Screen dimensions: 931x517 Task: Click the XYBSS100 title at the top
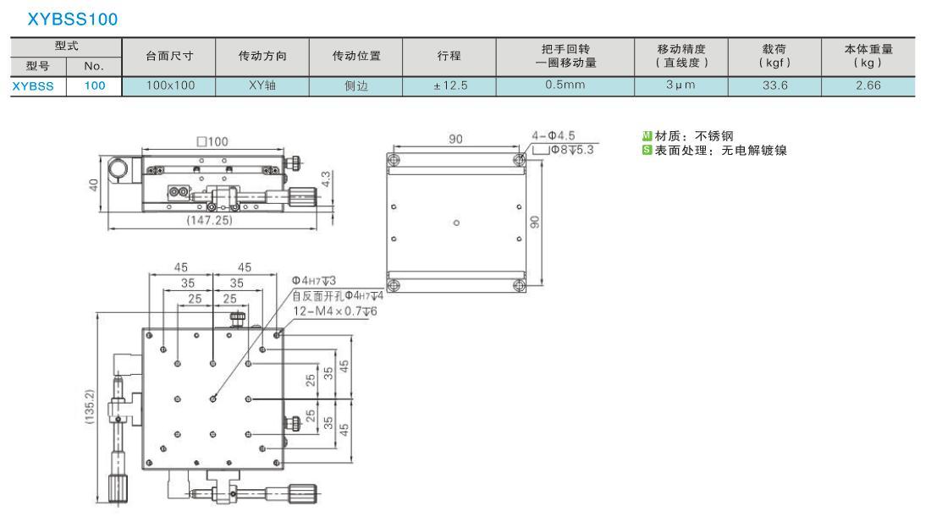click(73, 19)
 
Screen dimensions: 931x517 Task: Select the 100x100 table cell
click(170, 85)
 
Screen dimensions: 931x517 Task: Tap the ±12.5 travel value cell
click(450, 85)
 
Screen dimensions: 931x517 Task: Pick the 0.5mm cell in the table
click(565, 85)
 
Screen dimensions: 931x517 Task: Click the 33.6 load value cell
click(774, 85)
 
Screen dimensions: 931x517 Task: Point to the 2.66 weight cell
click(868, 85)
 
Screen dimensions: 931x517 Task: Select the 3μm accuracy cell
click(680, 85)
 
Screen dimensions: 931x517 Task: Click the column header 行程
click(449, 56)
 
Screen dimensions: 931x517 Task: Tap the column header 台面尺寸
click(169, 56)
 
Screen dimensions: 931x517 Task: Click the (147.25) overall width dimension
click(209, 220)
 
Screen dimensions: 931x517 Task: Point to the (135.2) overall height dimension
click(90, 407)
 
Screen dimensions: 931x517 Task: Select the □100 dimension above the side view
click(212, 141)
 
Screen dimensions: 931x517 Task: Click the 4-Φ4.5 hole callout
click(554, 136)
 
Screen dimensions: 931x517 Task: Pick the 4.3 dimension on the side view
click(325, 180)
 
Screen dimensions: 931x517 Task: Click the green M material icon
click(647, 136)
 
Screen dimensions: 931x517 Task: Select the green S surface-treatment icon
click(647, 150)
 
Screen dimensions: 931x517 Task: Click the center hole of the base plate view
click(456, 223)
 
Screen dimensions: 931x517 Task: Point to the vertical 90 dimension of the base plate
click(535, 223)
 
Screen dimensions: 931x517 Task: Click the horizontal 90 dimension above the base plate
click(455, 139)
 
